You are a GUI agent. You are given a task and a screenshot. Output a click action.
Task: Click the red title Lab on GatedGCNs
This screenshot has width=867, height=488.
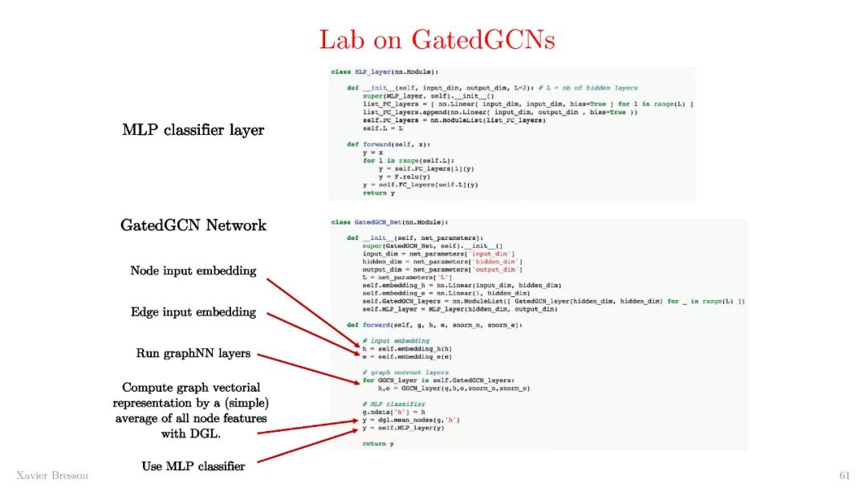click(x=437, y=39)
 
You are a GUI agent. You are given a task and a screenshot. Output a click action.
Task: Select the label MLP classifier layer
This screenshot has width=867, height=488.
click(x=193, y=129)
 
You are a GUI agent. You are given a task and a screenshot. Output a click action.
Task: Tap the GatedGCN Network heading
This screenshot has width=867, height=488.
click(x=193, y=225)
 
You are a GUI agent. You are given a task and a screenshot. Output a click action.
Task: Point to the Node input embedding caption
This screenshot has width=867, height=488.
click(x=193, y=271)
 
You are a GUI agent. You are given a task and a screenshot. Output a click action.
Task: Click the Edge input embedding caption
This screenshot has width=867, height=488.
click(x=193, y=312)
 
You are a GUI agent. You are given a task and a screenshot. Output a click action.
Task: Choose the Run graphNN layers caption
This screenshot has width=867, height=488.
click(x=193, y=353)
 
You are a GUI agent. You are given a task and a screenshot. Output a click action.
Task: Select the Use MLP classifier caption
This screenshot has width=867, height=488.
click(x=193, y=466)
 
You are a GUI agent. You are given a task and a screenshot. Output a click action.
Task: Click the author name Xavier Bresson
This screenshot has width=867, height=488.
click(x=52, y=475)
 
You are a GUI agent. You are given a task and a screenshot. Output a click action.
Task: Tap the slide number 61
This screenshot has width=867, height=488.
click(x=845, y=475)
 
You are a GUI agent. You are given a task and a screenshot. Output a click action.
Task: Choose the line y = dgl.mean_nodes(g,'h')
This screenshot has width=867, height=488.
click(x=410, y=420)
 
